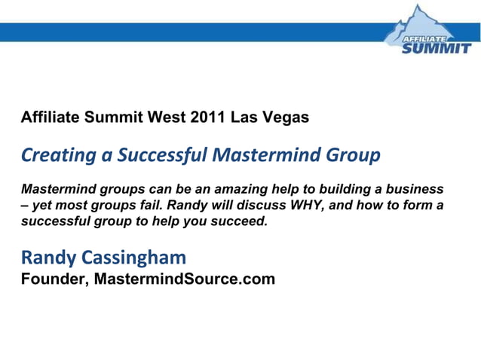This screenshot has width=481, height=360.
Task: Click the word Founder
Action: click(x=52, y=280)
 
